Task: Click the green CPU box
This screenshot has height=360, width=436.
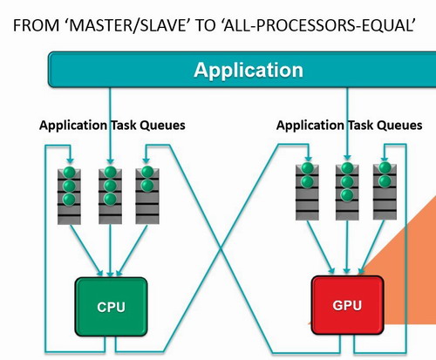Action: tap(111, 307)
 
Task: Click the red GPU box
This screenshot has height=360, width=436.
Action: tap(347, 305)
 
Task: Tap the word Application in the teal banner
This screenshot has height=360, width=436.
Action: tap(249, 70)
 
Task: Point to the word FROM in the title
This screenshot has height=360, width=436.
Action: tap(36, 25)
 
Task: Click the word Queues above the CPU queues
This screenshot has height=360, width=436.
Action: tap(162, 126)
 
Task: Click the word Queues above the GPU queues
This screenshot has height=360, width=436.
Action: tap(399, 126)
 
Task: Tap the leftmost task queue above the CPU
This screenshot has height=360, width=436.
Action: tap(69, 196)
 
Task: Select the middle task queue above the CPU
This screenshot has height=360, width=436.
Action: tap(110, 196)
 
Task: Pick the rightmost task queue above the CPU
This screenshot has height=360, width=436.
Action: tap(147, 196)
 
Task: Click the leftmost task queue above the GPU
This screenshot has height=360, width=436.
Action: tap(307, 193)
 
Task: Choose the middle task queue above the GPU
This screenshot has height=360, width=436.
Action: tap(347, 193)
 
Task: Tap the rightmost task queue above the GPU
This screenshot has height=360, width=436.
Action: tap(385, 193)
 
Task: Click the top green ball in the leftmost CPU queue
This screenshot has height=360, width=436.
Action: tap(69, 173)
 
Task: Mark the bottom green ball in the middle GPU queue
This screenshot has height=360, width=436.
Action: tap(347, 195)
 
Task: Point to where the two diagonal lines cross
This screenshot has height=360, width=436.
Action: tap(221, 248)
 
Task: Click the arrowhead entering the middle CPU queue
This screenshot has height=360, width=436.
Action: tap(110, 161)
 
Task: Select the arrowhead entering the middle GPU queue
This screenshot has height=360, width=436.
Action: tap(347, 157)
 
